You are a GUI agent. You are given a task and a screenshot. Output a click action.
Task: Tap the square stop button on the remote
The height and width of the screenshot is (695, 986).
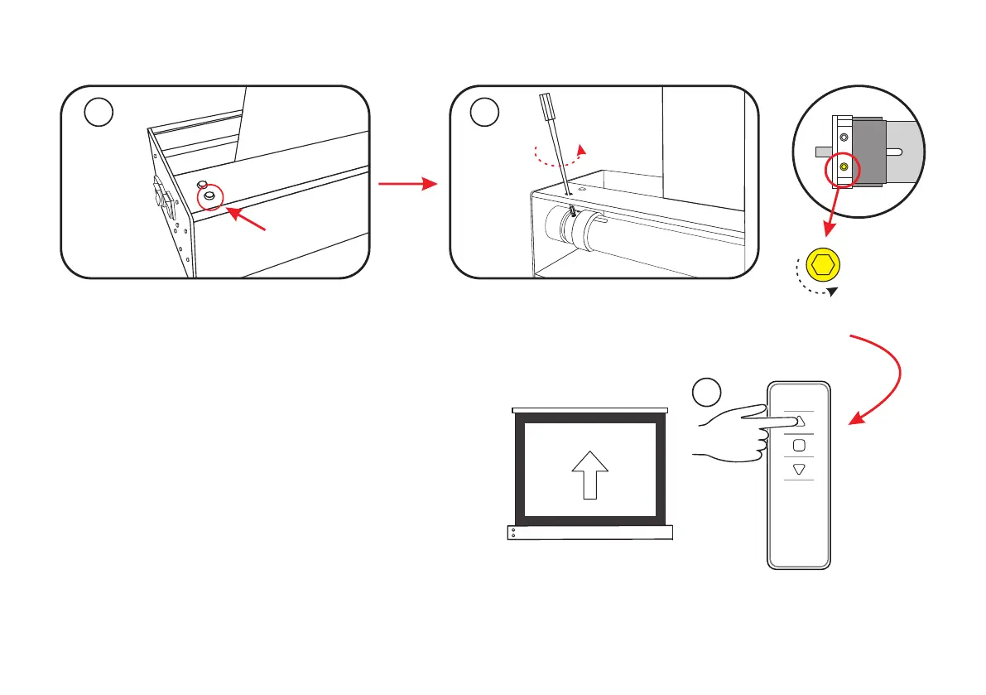[799, 446]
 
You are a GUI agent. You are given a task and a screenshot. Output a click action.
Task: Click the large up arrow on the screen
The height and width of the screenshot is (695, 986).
[590, 476]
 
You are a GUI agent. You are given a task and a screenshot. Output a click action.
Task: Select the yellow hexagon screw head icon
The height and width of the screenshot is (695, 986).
[823, 265]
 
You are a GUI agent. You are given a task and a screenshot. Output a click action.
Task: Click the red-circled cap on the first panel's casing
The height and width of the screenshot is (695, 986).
[209, 195]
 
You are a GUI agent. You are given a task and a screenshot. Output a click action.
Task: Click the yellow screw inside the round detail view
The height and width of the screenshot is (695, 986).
[844, 167]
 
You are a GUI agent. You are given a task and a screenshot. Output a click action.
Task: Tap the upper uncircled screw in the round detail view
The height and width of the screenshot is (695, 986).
[844, 138]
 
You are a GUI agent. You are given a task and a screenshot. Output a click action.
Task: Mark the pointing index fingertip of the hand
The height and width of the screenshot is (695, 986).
[790, 421]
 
